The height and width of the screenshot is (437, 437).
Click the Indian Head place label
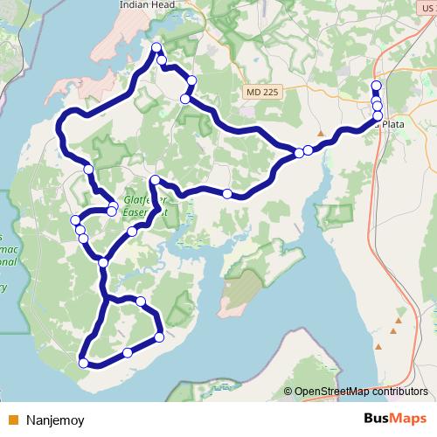coord(143,5)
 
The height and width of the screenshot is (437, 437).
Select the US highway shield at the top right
coord(427,5)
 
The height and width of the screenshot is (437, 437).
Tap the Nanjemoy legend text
coord(61,419)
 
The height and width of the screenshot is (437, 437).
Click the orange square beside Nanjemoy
coord(13,419)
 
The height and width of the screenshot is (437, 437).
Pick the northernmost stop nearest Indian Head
coord(156,47)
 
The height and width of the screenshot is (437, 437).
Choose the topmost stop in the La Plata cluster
coord(377,85)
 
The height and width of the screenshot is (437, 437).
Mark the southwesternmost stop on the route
coord(84,363)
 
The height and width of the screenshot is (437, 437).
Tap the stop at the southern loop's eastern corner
coord(159,336)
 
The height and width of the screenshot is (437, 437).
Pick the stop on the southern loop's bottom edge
coord(128,352)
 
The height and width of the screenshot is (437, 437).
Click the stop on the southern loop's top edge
coord(140,301)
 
